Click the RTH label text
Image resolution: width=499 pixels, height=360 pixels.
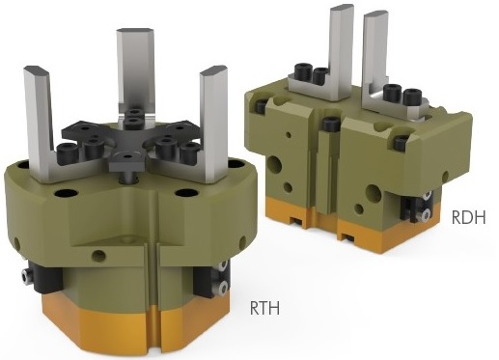pyautogui.click(x=264, y=308)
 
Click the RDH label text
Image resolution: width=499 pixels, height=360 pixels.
pyautogui.click(x=468, y=217)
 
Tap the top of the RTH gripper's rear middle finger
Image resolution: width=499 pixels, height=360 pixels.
pyautogui.click(x=134, y=31)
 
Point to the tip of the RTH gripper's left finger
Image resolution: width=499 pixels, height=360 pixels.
pyautogui.click(x=37, y=69)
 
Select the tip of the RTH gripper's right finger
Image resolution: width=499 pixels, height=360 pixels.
pyautogui.click(x=213, y=69)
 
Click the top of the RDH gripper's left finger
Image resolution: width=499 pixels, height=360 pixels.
pyautogui.click(x=342, y=7)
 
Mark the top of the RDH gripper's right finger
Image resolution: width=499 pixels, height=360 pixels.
pyautogui.click(x=375, y=14)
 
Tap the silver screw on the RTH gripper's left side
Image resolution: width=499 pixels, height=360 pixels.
pyautogui.click(x=26, y=276)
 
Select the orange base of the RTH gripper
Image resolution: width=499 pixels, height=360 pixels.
pyautogui.click(x=135, y=325)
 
